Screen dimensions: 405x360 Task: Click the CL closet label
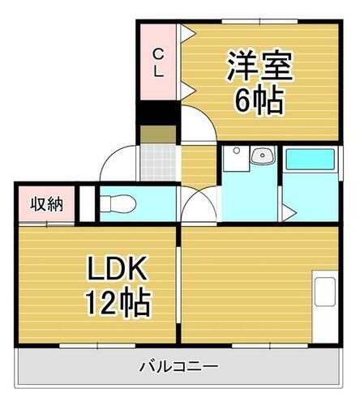[x=159, y=62]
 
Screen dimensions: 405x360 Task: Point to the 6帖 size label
[x=257, y=100]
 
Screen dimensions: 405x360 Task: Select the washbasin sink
[x=259, y=156]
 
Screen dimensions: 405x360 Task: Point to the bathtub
[x=310, y=159]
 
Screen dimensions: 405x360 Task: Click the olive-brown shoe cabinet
[x=153, y=134]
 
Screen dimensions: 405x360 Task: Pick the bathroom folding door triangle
[x=289, y=213]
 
